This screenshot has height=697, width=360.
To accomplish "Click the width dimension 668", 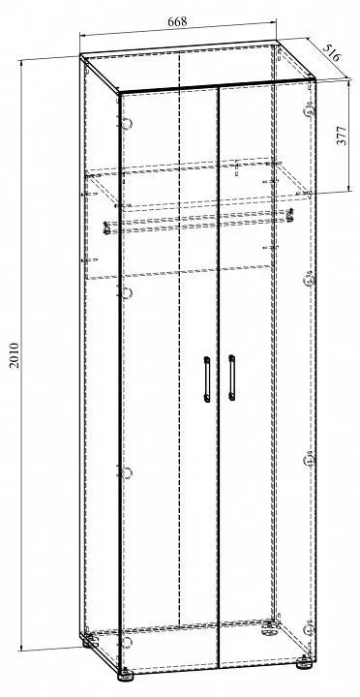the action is [x=177, y=21].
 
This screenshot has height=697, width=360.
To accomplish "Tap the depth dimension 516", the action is [x=331, y=52].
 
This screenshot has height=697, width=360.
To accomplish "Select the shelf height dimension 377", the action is [x=343, y=136].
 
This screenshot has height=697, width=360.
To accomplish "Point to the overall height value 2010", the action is [x=15, y=354].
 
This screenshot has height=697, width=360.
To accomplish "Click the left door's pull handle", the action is [x=207, y=379].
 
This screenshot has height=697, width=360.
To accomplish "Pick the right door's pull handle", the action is [x=231, y=377].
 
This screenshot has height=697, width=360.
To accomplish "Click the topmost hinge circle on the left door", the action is [x=128, y=124].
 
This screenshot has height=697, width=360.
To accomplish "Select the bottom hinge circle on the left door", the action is [x=128, y=642].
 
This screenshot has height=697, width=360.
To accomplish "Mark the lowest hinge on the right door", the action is [x=309, y=628].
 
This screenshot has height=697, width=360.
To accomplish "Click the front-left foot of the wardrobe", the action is [x=125, y=676].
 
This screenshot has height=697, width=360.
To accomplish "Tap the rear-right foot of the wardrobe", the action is [x=267, y=626].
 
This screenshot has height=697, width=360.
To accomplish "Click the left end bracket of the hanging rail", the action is [x=106, y=227].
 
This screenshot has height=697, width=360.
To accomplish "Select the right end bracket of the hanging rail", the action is [x=290, y=214].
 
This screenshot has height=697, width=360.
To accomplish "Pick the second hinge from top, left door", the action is [x=128, y=293].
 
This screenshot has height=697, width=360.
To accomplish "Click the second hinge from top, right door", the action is [x=310, y=281].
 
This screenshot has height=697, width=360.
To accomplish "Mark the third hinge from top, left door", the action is [x=128, y=473].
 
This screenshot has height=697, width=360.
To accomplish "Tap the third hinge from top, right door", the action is [x=309, y=461].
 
